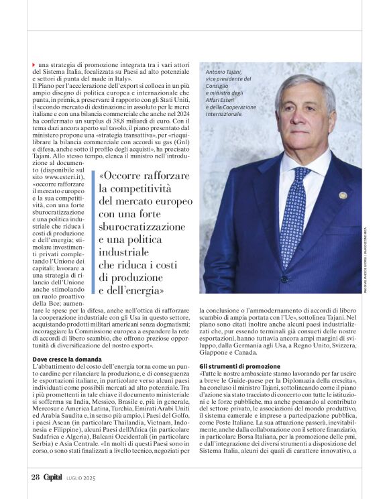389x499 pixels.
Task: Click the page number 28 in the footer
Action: [x=35, y=478]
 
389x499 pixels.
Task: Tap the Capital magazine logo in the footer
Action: [x=53, y=478]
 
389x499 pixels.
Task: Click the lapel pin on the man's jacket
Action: [x=343, y=195]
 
